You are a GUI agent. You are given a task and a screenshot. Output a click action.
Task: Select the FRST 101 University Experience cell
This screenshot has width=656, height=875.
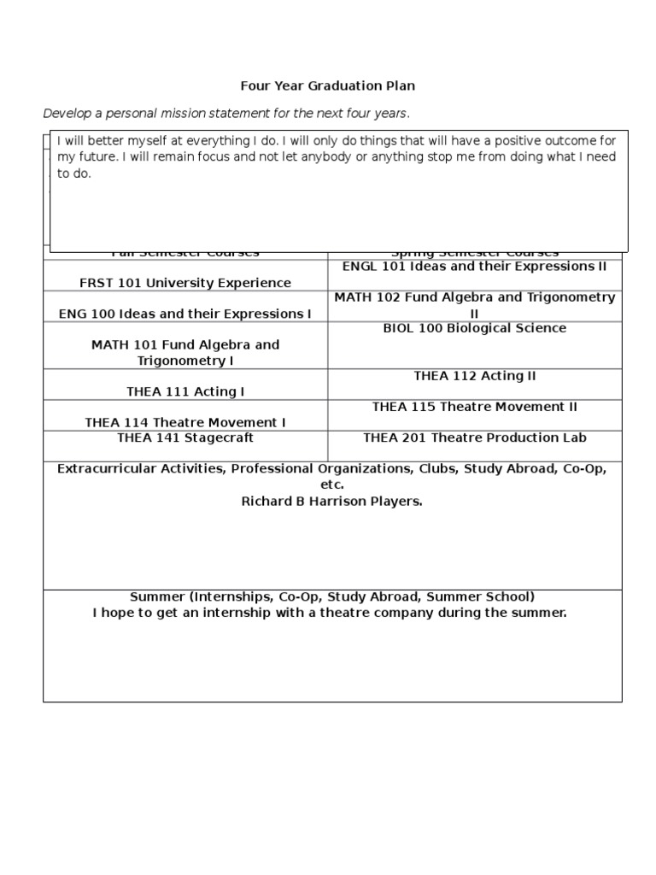(185, 283)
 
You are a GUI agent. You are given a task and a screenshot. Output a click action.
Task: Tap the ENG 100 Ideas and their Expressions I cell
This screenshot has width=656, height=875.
(185, 314)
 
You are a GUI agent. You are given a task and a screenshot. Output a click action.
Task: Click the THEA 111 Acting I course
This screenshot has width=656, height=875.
(185, 391)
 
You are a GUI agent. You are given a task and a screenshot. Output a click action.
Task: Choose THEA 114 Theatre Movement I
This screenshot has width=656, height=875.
(185, 422)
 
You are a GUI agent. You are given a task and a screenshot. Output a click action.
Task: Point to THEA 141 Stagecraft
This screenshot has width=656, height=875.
(185, 437)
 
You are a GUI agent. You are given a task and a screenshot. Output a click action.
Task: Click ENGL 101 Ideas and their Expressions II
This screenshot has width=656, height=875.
(474, 266)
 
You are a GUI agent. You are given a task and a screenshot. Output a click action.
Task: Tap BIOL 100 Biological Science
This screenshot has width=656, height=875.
(474, 328)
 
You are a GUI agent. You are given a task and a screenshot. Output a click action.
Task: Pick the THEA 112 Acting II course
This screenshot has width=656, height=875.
(474, 376)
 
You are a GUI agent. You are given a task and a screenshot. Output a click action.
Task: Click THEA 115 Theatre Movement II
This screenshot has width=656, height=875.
(474, 407)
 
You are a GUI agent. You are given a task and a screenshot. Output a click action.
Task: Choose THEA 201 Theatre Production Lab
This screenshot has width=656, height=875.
(474, 437)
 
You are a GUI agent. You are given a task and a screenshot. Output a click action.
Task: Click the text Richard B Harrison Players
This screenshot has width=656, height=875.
(332, 501)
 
